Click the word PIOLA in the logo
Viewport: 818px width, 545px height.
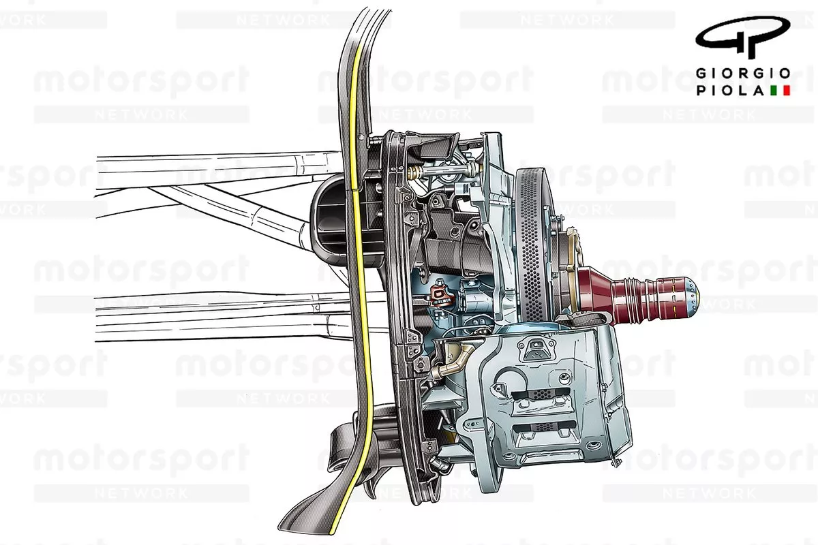click(x=729, y=90)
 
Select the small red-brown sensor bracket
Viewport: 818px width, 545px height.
click(x=440, y=295)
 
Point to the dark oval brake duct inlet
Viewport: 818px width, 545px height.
click(x=331, y=218)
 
